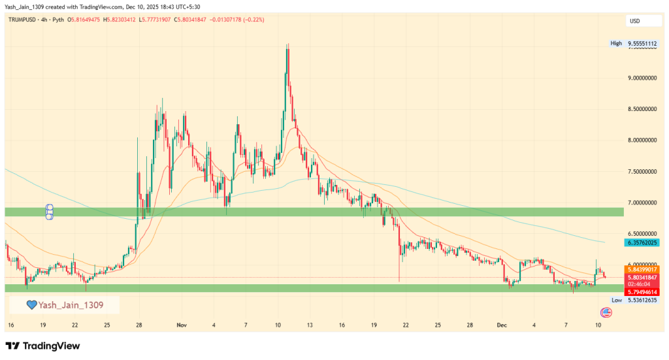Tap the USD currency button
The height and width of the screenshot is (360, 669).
(x=634, y=21)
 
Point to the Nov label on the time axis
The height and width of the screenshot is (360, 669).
(x=182, y=325)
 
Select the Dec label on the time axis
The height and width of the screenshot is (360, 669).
(x=502, y=325)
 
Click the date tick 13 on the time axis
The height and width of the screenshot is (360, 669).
(x=310, y=325)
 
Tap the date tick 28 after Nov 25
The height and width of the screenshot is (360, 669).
(x=470, y=325)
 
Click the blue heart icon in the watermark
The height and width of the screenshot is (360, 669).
(x=31, y=304)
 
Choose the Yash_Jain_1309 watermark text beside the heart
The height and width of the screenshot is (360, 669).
(x=71, y=304)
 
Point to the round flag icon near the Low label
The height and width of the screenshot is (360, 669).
(x=606, y=312)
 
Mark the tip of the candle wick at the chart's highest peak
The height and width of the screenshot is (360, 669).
(x=288, y=44)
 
